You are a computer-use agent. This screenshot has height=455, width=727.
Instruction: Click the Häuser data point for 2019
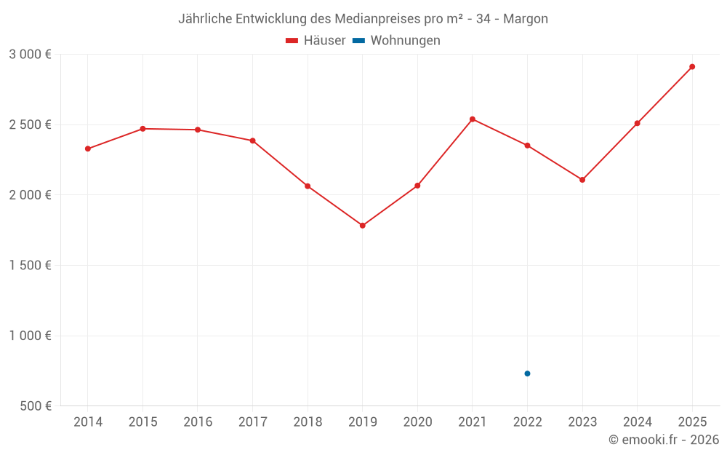(x=363, y=226)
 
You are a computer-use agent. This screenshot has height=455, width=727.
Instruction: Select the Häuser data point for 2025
(x=692, y=67)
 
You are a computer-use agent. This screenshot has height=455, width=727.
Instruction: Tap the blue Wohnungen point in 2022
(x=527, y=373)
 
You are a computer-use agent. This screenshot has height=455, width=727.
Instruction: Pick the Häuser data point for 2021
(x=473, y=119)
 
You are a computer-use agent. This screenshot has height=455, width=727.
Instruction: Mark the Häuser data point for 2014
(x=88, y=149)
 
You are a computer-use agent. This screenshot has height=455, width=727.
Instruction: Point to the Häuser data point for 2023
(x=582, y=180)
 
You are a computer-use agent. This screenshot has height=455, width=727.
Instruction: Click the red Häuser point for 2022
(x=527, y=146)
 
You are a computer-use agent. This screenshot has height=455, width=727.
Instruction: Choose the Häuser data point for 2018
(x=308, y=186)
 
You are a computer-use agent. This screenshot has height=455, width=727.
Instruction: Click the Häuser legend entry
(x=316, y=41)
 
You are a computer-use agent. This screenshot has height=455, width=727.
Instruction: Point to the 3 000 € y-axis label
(x=30, y=54)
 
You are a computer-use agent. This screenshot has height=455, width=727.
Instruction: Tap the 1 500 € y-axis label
(x=30, y=265)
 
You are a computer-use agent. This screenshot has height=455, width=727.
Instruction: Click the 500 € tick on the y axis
(x=35, y=406)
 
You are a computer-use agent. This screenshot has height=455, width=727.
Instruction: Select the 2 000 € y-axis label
(x=30, y=195)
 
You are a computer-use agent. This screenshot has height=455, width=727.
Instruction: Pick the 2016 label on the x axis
(x=198, y=422)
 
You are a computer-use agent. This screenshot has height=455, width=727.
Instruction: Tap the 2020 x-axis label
(x=417, y=422)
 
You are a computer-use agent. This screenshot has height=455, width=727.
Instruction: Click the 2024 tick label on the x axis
(x=637, y=422)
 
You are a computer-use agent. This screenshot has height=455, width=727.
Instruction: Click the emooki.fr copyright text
(x=663, y=440)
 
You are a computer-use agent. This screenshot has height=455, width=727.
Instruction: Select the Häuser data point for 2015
(x=142, y=129)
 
